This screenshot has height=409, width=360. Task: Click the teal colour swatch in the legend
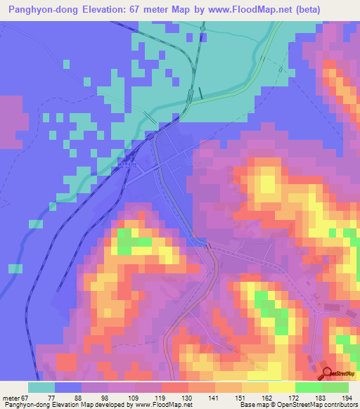point(41,387)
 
